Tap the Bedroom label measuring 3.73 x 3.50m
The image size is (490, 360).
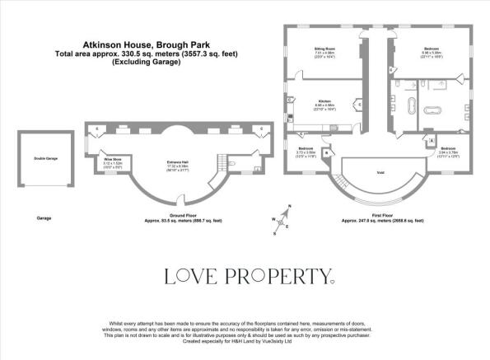pos(304,149)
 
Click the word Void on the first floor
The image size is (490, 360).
pos(380,172)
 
